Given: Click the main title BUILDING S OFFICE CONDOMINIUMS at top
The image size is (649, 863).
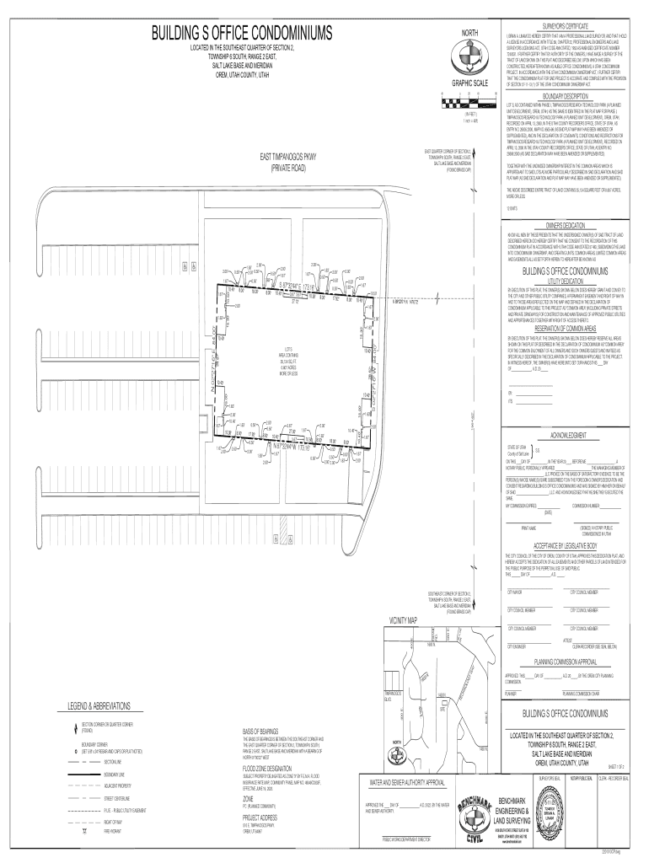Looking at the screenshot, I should coord(241,34).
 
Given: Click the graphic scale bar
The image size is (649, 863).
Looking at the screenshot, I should coord(469,103).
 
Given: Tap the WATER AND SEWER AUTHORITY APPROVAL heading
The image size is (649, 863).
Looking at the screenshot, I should coord(408,783).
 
